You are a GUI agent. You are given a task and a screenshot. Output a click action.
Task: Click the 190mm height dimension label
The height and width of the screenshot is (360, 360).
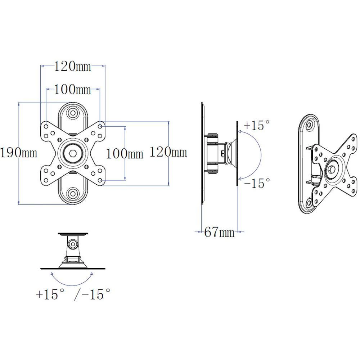point(19,153)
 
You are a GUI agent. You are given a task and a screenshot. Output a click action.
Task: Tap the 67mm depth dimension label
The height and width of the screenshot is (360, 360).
point(219,233)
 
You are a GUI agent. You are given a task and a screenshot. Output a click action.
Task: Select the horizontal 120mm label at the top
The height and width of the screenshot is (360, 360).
point(73,66)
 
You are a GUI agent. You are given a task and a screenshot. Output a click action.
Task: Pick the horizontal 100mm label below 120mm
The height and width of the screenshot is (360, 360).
point(73,89)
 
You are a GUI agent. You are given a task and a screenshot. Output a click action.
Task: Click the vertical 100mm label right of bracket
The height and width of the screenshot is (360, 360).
point(125,154)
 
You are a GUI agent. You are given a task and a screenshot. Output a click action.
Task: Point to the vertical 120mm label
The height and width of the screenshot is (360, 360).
point(168,153)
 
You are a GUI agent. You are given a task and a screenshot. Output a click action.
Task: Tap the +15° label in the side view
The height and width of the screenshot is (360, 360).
point(257,126)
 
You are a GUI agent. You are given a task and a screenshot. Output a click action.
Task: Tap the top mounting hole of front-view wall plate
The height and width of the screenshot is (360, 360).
point(73,113)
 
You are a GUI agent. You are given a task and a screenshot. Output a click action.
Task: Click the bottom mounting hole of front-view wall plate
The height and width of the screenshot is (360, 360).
point(73,193)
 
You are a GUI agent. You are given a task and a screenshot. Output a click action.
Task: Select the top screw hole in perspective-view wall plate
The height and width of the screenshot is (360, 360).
point(310,126)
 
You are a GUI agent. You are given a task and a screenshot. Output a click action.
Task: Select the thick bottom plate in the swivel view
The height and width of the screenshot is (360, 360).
point(73,268)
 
